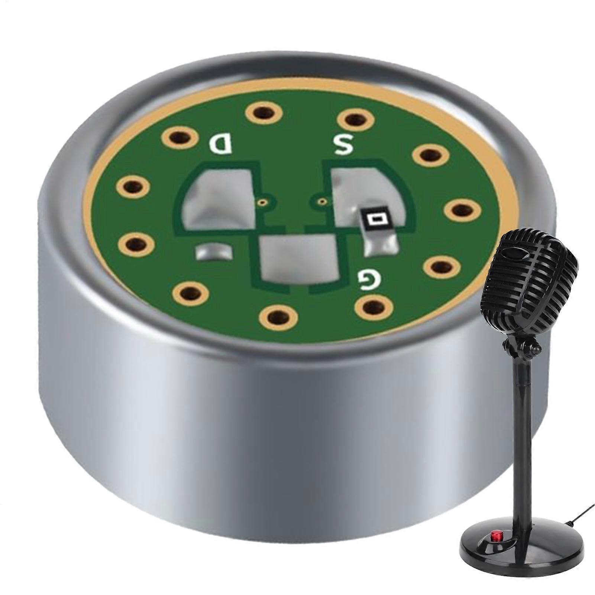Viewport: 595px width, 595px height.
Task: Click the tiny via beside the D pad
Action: click(263, 203)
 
